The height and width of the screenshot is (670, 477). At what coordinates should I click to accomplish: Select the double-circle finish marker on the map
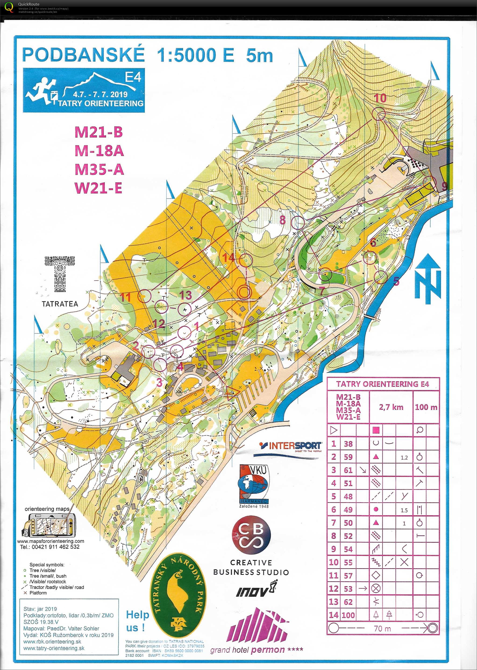coord(244,291)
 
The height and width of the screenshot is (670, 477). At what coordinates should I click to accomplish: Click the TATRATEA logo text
coord(60,304)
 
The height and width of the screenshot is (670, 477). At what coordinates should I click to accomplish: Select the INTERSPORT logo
coord(291,447)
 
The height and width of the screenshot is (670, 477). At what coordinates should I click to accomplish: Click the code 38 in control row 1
coord(348,444)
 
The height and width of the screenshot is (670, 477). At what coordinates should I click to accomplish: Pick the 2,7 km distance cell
coord(391,407)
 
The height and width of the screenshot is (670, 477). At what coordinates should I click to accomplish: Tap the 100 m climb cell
coord(426,407)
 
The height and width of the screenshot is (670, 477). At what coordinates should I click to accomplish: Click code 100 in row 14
coord(348,615)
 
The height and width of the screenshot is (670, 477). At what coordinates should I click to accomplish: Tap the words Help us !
coord(137,621)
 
